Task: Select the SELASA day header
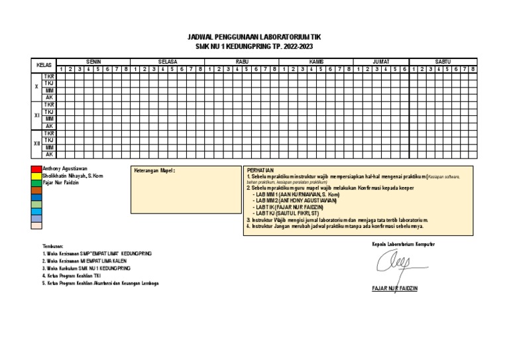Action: pyautogui.click(x=167, y=61)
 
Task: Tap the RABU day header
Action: pyautogui.click(x=241, y=61)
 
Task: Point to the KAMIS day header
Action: pyautogui.click(x=315, y=61)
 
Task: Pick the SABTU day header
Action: pyautogui.click(x=443, y=61)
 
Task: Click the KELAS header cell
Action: pyautogui.click(x=44, y=65)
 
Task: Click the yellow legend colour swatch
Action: pyautogui.click(x=36, y=176)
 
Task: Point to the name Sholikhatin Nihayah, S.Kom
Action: pyautogui.click(x=73, y=176)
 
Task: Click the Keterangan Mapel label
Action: pyautogui.click(x=154, y=170)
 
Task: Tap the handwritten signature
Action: pyautogui.click(x=394, y=264)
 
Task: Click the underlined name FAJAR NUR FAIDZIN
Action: pyautogui.click(x=395, y=288)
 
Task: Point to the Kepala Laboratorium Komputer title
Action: pyautogui.click(x=404, y=245)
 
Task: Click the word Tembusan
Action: pyautogui.click(x=52, y=245)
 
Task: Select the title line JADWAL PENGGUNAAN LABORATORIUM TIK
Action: pyautogui.click(x=254, y=38)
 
